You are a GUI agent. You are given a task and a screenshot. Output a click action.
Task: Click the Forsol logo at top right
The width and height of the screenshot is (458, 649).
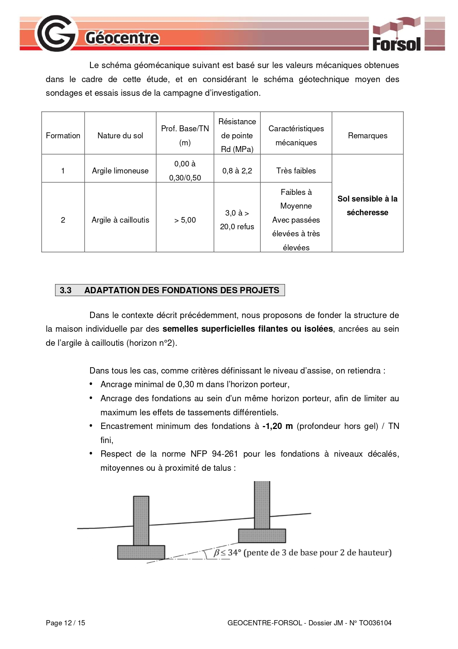pos(396,34)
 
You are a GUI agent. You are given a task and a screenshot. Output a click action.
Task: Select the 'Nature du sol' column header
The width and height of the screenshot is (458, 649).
pos(120,136)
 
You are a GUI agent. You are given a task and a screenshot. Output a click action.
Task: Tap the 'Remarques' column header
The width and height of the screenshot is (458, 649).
pos(368,136)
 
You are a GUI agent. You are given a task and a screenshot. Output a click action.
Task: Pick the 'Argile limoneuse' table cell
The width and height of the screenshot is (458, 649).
pos(120,171)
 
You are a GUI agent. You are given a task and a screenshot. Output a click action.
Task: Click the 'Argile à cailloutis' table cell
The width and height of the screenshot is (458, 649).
pos(120,220)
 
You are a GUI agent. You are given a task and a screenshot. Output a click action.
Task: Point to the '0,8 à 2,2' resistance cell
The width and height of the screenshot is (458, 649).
pos(237,171)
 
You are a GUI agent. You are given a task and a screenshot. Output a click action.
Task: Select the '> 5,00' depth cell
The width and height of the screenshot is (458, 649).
pos(185,220)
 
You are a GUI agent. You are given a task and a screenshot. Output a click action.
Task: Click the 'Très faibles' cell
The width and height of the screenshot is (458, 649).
pos(296,171)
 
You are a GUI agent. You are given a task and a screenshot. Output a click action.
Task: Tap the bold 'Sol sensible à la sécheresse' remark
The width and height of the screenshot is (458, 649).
pos(368,206)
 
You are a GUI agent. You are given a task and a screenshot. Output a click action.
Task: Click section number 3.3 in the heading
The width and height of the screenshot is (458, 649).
pos(66,290)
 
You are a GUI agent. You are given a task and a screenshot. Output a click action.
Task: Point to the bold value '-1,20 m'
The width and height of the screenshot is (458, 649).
pos(277,426)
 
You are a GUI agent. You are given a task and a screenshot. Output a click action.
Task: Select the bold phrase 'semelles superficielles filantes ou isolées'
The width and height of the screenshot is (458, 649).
pos(247,329)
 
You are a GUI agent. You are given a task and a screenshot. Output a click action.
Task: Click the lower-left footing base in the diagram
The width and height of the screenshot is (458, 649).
pos(141,552)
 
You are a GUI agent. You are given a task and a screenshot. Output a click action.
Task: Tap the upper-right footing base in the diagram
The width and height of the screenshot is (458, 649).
pos(262,535)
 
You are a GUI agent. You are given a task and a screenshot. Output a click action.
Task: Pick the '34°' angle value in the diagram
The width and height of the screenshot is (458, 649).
pos(234,552)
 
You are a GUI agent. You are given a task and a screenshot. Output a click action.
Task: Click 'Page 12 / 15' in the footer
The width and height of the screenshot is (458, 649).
pos(65,623)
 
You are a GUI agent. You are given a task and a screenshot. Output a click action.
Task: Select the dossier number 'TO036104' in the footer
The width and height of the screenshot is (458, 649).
pos(375,623)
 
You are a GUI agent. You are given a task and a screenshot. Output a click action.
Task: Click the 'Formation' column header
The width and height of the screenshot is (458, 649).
pos(63,136)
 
